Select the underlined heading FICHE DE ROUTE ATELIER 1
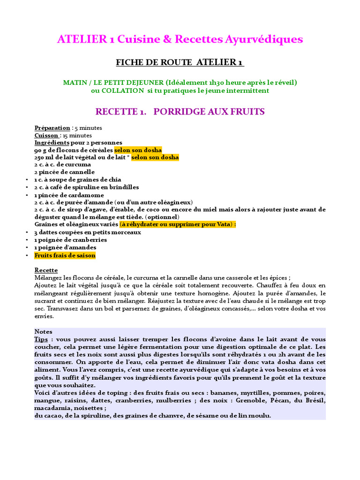(180, 62)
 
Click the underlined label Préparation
(52, 128)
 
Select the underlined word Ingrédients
(52, 142)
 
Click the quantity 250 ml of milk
(45, 157)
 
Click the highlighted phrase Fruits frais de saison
(65, 255)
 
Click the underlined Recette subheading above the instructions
(46, 270)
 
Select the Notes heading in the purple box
(44, 331)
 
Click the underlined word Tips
(42, 339)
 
